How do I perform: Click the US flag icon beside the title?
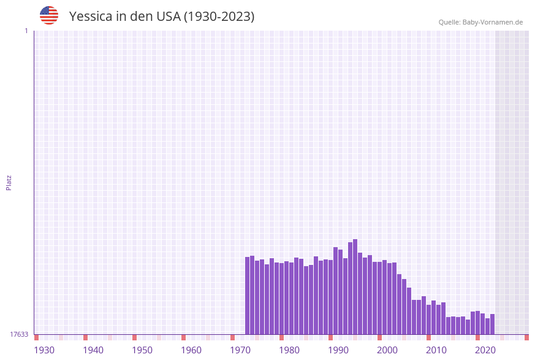pos(49,15)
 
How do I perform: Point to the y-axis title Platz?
pos(9,182)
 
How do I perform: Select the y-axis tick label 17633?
pos(19,334)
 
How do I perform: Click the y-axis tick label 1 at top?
pos(26,31)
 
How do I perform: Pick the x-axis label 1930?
pos(44,350)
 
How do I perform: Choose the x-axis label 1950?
pos(142,350)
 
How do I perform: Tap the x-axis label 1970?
pos(240,350)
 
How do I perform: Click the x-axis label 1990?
pos(338,350)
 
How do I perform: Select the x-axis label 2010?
pos(436,350)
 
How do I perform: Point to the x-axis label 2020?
pos(485,350)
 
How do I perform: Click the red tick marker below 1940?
pos(85,337)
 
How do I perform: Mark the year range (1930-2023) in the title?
pos(219,17)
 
